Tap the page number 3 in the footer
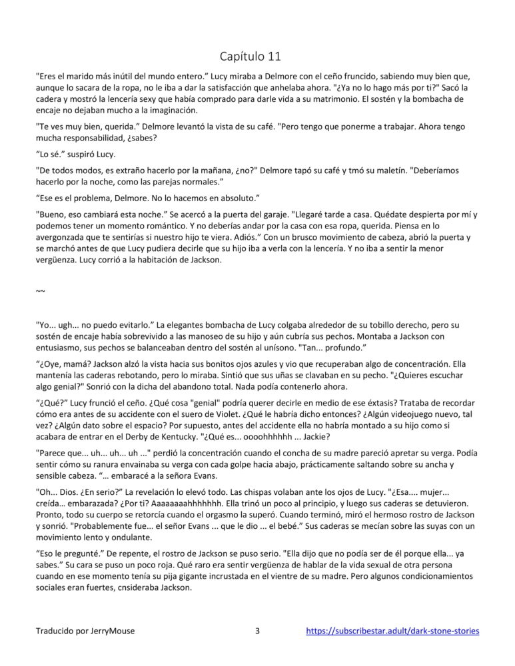[x=257, y=631]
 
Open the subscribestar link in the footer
[x=392, y=631]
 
